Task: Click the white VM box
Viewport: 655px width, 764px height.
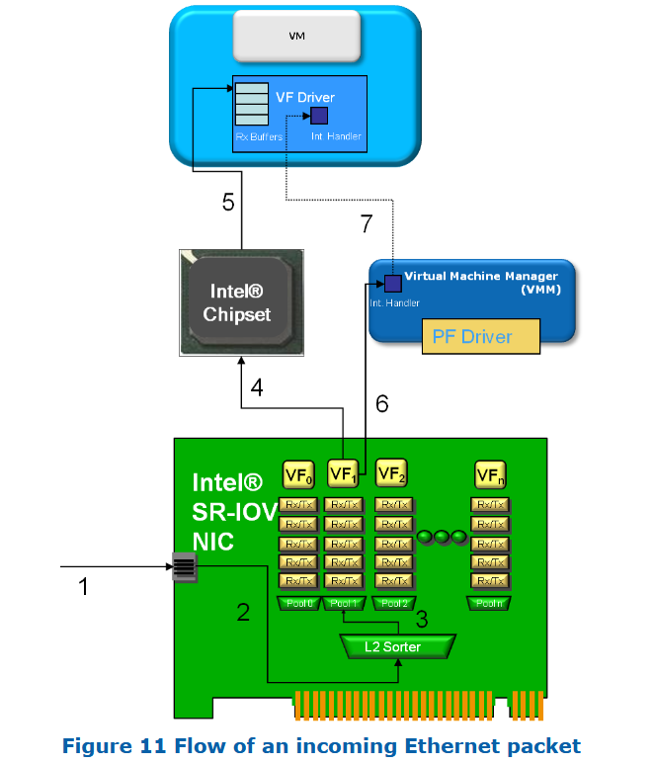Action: pyautogui.click(x=296, y=36)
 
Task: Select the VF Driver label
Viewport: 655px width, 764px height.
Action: pyautogui.click(x=304, y=97)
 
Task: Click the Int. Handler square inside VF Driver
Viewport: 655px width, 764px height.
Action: pyautogui.click(x=319, y=117)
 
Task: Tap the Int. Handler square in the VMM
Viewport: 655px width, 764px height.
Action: pyautogui.click(x=392, y=284)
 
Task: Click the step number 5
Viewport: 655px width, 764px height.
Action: pyautogui.click(x=228, y=203)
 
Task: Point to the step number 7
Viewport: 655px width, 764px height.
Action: pyautogui.click(x=367, y=224)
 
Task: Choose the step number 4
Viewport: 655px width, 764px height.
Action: pyautogui.click(x=256, y=388)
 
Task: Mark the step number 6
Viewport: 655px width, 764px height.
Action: pyautogui.click(x=381, y=403)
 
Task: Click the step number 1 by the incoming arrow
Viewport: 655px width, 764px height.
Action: pyautogui.click(x=84, y=587)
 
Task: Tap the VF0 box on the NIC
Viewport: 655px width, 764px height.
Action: pyautogui.click(x=298, y=474)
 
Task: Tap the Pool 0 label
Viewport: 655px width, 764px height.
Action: pyautogui.click(x=298, y=603)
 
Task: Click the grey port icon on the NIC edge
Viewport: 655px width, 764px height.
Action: pyautogui.click(x=184, y=567)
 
